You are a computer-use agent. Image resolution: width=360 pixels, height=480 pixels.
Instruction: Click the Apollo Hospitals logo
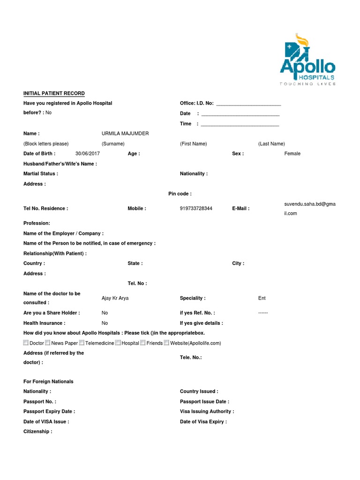coord(307,60)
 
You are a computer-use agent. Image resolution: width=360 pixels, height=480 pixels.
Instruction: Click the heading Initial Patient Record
coord(54,93)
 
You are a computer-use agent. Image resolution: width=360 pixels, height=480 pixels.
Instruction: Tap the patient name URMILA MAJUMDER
coord(125,134)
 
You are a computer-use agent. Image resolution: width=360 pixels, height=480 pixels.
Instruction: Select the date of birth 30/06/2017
coord(88,154)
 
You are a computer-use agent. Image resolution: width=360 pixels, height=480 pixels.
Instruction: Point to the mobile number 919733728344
coord(196,209)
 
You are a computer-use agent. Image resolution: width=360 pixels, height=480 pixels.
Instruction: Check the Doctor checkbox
coord(26,343)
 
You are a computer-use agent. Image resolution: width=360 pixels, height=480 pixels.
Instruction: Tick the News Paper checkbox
coord(48,343)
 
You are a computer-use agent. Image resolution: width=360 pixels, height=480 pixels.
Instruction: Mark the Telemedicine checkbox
coord(82,343)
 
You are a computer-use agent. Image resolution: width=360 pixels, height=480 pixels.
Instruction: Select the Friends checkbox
coord(143,343)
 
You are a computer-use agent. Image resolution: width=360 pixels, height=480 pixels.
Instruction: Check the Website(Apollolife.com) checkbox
coord(166,343)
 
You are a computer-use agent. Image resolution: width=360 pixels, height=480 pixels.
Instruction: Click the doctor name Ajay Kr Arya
coord(115,298)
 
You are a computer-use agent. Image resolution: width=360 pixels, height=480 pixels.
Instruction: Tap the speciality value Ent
coord(262,298)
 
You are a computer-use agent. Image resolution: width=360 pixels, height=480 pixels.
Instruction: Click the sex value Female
coord(292,154)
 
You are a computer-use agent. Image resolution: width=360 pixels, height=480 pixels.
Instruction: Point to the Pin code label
coord(180,194)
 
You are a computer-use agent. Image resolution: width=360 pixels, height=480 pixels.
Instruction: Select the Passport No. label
coord(40,402)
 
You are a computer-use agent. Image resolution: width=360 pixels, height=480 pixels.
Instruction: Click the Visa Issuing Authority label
coord(207,412)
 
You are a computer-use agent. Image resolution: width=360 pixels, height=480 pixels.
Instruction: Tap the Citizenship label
coord(38,432)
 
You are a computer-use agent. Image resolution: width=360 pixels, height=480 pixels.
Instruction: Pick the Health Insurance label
coord(45,323)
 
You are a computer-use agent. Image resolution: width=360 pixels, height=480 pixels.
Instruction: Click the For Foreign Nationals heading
coord(48,382)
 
